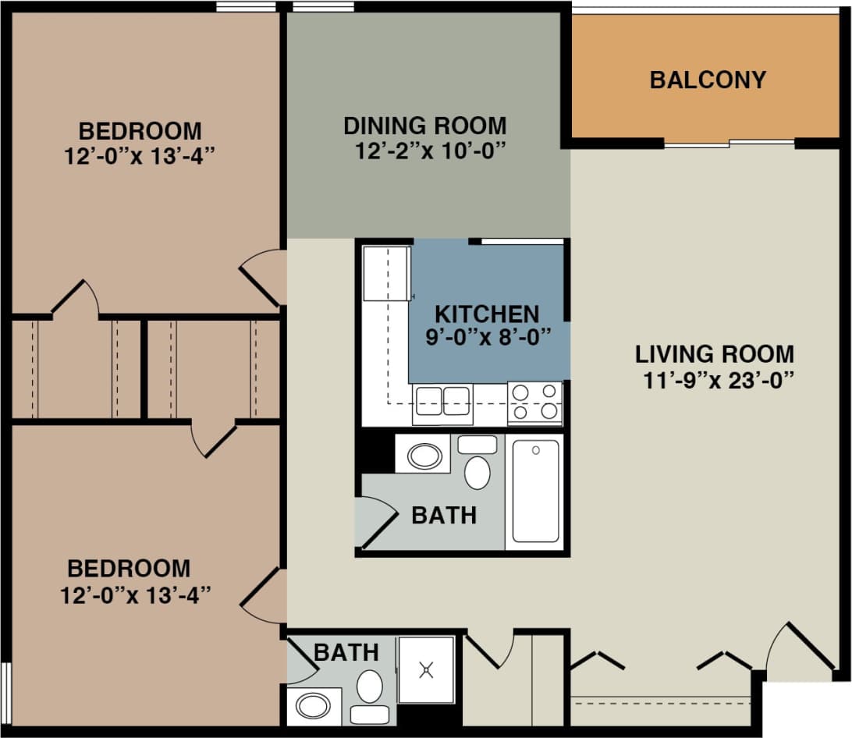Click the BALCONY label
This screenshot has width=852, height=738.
[x=708, y=80]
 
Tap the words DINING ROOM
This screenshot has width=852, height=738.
[x=425, y=126]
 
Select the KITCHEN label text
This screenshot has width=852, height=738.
[x=486, y=314]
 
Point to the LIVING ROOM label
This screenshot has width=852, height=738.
[x=714, y=354]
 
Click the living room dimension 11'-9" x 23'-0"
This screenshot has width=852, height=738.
[x=714, y=380]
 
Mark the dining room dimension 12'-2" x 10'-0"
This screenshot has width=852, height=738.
[x=426, y=150]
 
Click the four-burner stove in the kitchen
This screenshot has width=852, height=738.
[x=534, y=402]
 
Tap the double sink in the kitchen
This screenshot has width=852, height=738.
[x=442, y=401]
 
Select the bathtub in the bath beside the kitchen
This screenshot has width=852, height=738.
[x=535, y=491]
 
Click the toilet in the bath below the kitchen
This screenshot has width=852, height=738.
[x=477, y=467]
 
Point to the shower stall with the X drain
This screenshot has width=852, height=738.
[x=426, y=669]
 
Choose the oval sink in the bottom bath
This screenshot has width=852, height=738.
[x=314, y=707]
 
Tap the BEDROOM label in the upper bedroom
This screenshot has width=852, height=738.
[x=140, y=130]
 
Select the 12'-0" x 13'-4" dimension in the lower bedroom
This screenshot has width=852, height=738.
[x=137, y=595]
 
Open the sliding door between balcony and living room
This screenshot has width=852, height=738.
[x=730, y=144]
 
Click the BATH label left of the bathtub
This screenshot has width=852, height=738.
[x=443, y=516]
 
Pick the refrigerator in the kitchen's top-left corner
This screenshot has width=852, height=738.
[x=386, y=272]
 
